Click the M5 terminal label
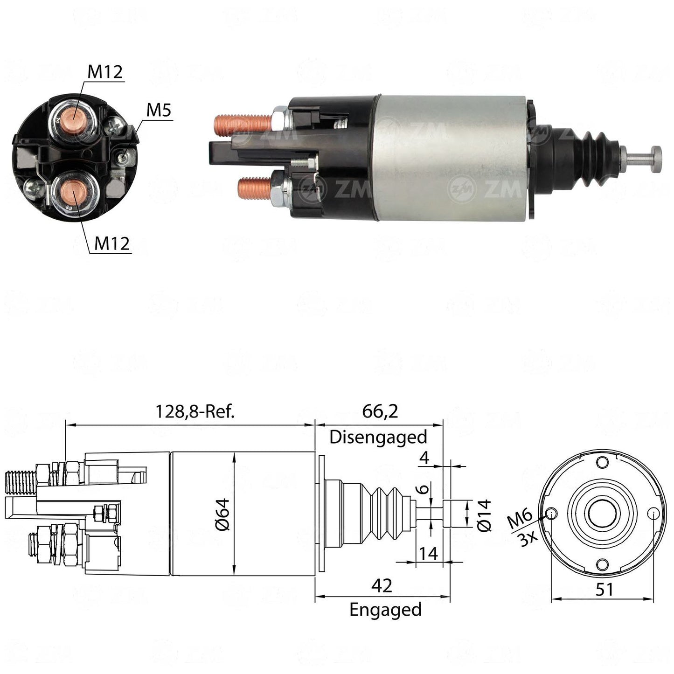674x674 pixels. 159,110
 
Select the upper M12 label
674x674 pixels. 105,72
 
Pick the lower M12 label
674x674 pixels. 112,243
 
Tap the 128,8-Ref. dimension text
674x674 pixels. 195,412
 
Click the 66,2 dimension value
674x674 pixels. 380,412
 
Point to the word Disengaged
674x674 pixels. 378,437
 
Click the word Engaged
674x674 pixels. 385,610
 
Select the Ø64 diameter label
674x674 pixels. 222,514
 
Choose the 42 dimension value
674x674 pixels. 382,586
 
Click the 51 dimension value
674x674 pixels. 604,590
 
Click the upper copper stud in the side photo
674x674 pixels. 243,125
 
